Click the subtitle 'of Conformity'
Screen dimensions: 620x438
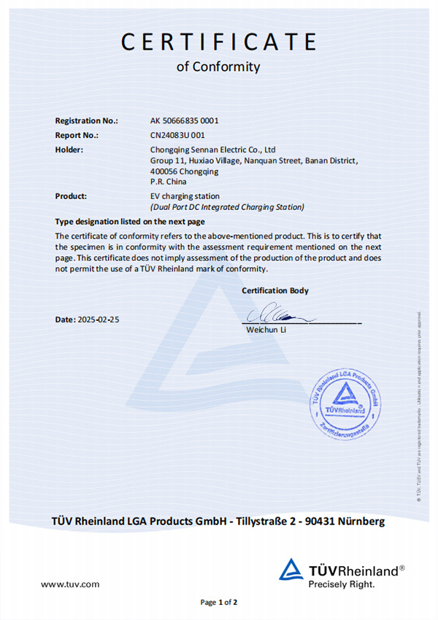coord(218,67)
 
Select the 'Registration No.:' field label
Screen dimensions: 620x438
coord(86,121)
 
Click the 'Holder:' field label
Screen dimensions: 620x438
coord(69,150)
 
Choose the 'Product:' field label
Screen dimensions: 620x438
coord(71,195)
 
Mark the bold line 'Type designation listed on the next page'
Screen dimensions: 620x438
coord(130,222)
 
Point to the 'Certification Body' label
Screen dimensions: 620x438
coord(275,290)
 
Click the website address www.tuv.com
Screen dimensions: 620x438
coord(70,584)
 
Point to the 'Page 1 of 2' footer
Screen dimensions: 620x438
coord(219,602)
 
